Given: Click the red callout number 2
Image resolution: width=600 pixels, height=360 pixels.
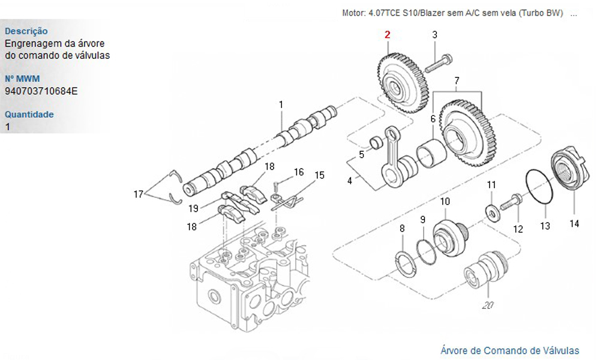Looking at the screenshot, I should pyautogui.click(x=388, y=35).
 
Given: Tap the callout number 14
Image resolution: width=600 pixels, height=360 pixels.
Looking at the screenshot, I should pyautogui.click(x=575, y=224).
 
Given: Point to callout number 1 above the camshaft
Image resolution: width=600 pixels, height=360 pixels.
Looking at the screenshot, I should pyautogui.click(x=281, y=105).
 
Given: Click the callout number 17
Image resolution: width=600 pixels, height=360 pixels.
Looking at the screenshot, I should pyautogui.click(x=139, y=194).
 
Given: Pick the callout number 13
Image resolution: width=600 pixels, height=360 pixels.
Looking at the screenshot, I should pyautogui.click(x=545, y=226).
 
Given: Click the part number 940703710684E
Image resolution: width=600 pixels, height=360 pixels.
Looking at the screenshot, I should pyautogui.click(x=41, y=91).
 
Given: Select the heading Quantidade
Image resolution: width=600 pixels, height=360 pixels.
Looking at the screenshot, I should pyautogui.click(x=29, y=115).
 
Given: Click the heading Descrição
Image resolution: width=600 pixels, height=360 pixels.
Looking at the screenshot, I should pyautogui.click(x=26, y=31).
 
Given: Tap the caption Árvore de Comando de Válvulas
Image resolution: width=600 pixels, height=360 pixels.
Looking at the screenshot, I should pyautogui.click(x=510, y=350).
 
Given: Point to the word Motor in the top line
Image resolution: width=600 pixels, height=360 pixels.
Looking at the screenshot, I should pyautogui.click(x=353, y=13).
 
